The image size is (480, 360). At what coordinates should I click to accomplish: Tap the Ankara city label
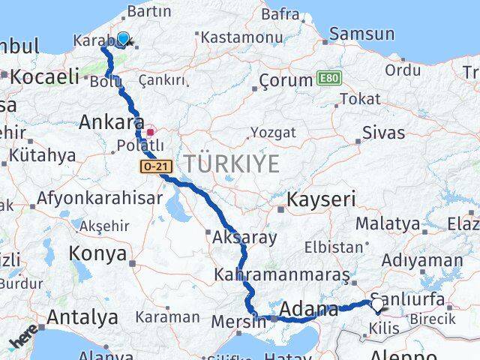point(112,121)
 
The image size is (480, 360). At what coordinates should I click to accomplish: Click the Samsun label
point(361,34)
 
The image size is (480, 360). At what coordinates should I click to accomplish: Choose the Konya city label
point(97,253)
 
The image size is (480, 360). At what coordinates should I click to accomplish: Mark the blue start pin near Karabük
point(123,38)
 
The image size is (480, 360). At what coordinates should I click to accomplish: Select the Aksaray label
point(244,237)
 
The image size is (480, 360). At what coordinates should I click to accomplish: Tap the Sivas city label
point(383,133)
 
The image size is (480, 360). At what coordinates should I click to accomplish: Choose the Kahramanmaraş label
point(282,275)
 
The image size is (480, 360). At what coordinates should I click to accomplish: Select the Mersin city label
point(239,320)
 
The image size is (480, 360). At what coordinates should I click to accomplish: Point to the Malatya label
point(387,223)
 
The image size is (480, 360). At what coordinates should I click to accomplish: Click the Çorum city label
point(285,79)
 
